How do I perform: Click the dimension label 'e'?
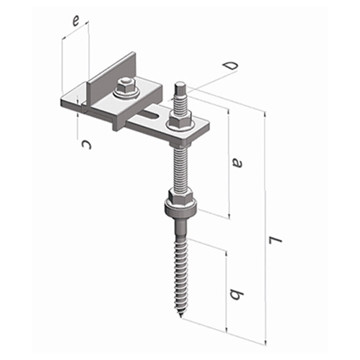[x=76, y=22]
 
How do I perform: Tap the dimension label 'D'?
[x=231, y=65]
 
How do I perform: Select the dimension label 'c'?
[x=86, y=145]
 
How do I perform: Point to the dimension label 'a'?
[x=237, y=163]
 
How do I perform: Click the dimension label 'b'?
[x=237, y=294]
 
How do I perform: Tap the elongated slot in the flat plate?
[x=152, y=117]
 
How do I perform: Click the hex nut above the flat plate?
[x=180, y=118]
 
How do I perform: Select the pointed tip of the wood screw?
[x=181, y=316]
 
